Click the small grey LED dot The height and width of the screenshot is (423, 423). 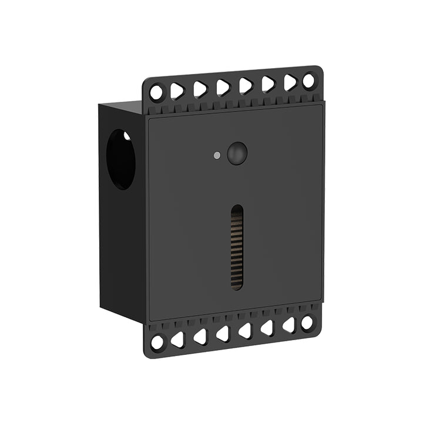217,156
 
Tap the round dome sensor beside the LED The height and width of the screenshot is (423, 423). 237,153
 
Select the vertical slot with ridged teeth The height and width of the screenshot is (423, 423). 236,247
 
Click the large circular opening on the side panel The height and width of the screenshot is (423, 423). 120,159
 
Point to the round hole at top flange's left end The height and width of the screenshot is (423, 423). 156,92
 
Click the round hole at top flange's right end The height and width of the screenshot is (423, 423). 309,81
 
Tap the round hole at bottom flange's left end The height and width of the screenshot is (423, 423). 157,342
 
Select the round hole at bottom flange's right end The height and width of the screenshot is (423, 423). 307,323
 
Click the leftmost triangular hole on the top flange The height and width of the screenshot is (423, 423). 178,90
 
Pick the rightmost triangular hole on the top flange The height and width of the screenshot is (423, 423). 290,82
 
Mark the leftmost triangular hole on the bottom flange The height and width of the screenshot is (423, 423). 178,339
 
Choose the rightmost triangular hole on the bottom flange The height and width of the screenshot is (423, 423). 288,325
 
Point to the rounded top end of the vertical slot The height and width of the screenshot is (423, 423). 236,209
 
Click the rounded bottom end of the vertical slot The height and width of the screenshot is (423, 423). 236,286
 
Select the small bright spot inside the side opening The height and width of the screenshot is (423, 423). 127,136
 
